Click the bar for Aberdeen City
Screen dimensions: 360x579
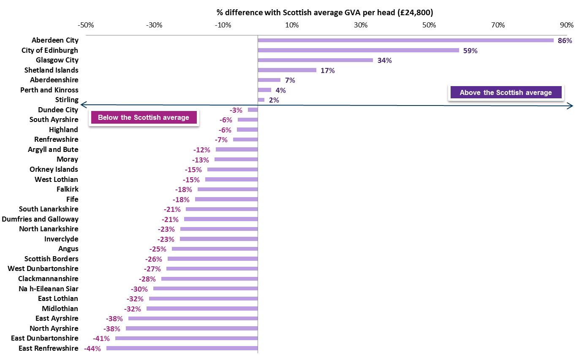(405, 41)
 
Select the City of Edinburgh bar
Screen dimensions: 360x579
(358, 50)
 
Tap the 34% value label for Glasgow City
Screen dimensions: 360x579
(384, 60)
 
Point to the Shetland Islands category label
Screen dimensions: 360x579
(51, 70)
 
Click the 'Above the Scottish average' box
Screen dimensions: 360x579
(506, 92)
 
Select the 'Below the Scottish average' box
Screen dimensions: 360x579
(144, 117)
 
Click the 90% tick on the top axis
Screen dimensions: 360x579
(567, 25)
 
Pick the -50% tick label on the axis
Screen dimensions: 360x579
(86, 25)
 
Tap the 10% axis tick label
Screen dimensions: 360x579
(292, 25)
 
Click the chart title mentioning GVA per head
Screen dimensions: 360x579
(325, 13)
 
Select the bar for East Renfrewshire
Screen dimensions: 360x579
(182, 348)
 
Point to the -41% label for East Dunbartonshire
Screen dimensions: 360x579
(101, 338)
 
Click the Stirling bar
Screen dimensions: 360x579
(261, 100)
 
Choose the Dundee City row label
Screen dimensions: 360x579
(58, 110)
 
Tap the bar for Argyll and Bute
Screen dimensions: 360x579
(236, 149)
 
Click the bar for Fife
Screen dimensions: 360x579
(226, 199)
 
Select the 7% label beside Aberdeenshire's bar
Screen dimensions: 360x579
(290, 80)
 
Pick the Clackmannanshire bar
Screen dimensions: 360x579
(209, 279)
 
